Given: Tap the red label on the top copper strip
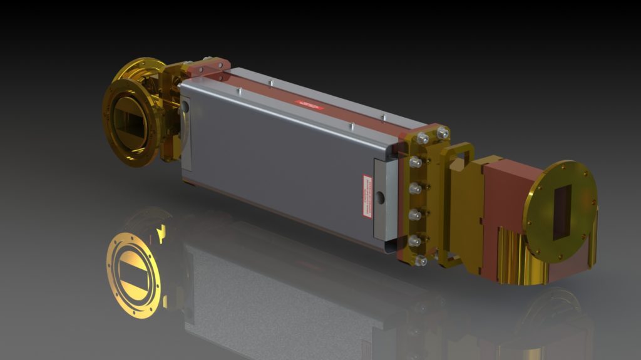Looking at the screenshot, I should [x=310, y=103].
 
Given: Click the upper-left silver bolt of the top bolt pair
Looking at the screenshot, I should [x=423, y=138].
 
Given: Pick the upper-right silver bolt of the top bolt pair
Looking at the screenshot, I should [x=443, y=133].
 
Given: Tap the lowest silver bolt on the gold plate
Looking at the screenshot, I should [x=421, y=259].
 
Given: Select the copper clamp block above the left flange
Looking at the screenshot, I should [x=207, y=66].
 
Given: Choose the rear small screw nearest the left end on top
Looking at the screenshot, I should [x=270, y=82].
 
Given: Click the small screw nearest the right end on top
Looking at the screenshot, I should [x=382, y=116].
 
